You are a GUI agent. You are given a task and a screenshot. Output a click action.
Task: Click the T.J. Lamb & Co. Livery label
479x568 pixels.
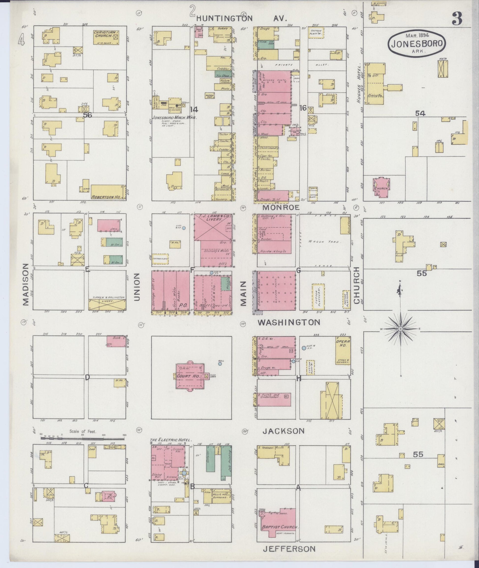[213, 218]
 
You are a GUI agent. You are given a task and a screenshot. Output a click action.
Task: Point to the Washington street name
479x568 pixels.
[289, 322]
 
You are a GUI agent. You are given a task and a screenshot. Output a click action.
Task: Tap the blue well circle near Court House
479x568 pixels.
[220, 363]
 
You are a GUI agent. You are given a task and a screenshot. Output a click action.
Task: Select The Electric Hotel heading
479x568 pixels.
[171, 440]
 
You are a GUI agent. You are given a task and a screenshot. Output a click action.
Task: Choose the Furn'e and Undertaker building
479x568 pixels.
[274, 399]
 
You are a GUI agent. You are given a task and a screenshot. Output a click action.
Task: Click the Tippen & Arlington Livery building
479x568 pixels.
[107, 305]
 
